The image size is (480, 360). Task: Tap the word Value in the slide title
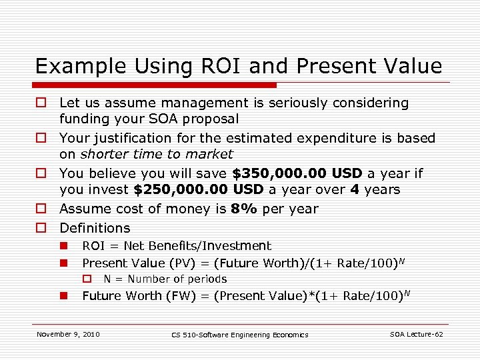pyautogui.click(x=412, y=66)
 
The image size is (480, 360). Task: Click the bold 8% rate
pyautogui.click(x=243, y=209)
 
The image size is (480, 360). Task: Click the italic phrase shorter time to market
pyautogui.click(x=157, y=155)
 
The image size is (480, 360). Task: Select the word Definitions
pyautogui.click(x=95, y=228)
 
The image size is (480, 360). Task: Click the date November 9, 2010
pyautogui.click(x=68, y=334)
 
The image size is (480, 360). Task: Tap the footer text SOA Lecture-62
pyautogui.click(x=416, y=334)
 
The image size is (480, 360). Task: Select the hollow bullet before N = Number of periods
pyautogui.click(x=86, y=279)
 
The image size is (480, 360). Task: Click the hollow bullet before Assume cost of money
pyautogui.click(x=41, y=209)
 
